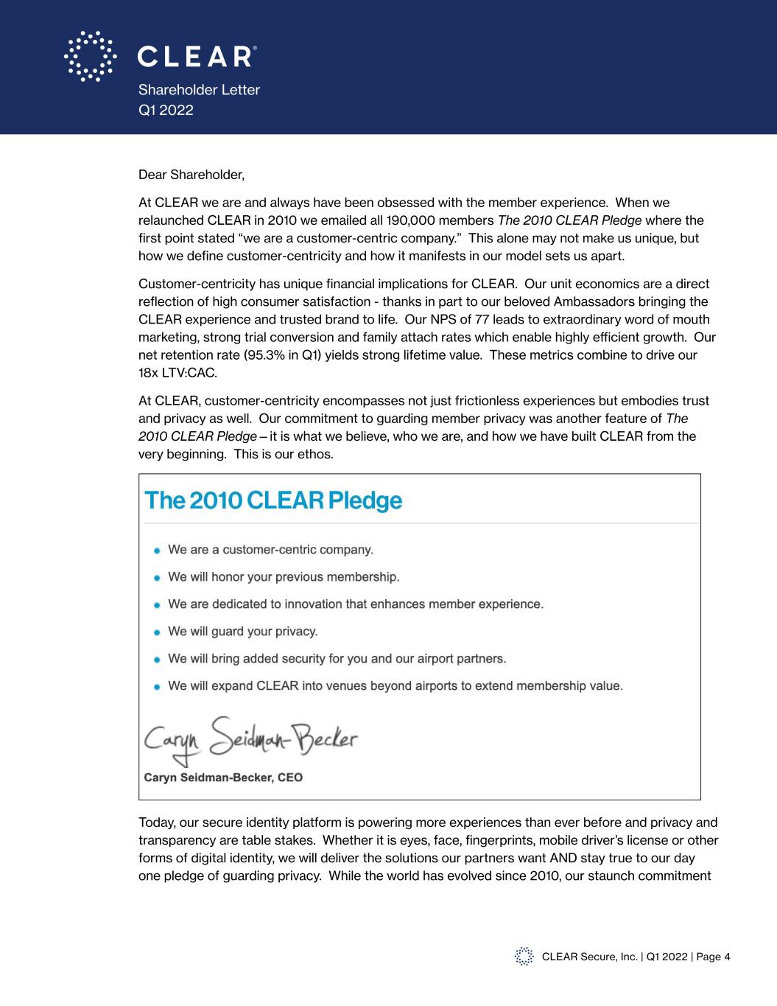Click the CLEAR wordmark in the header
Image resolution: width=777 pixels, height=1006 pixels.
point(196,57)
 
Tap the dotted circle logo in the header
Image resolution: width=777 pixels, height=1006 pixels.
point(90,56)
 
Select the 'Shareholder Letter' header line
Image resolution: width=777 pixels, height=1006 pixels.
point(199,90)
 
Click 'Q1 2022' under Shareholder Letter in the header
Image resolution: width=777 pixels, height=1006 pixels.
point(166,110)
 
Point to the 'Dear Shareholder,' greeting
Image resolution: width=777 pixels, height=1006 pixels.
point(191,175)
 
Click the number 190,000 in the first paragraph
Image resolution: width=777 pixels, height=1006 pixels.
point(376,220)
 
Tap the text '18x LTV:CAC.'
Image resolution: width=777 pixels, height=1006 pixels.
point(177,373)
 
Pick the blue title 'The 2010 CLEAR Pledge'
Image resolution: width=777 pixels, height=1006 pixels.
point(274,500)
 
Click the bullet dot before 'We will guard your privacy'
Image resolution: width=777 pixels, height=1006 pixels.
point(157,632)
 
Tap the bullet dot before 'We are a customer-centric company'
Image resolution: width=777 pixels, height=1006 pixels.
point(157,551)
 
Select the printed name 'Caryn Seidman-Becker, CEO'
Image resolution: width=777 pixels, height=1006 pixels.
point(222,778)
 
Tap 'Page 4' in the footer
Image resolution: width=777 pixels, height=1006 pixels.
point(713,957)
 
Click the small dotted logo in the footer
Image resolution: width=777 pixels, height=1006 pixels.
point(524,956)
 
